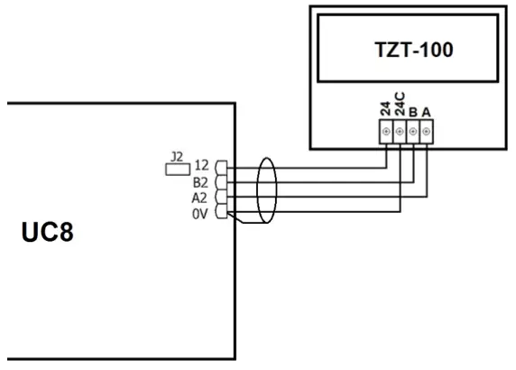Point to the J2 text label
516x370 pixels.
[178, 157]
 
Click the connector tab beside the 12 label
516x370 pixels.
[222, 168]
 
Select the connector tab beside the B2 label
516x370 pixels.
[222, 182]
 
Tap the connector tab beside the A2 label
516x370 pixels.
[222, 197]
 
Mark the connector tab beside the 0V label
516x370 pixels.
[222, 212]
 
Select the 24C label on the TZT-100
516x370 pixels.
[400, 110]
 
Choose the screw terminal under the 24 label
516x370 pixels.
[387, 133]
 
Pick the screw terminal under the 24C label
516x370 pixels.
[400, 133]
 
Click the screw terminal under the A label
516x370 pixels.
[427, 133]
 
